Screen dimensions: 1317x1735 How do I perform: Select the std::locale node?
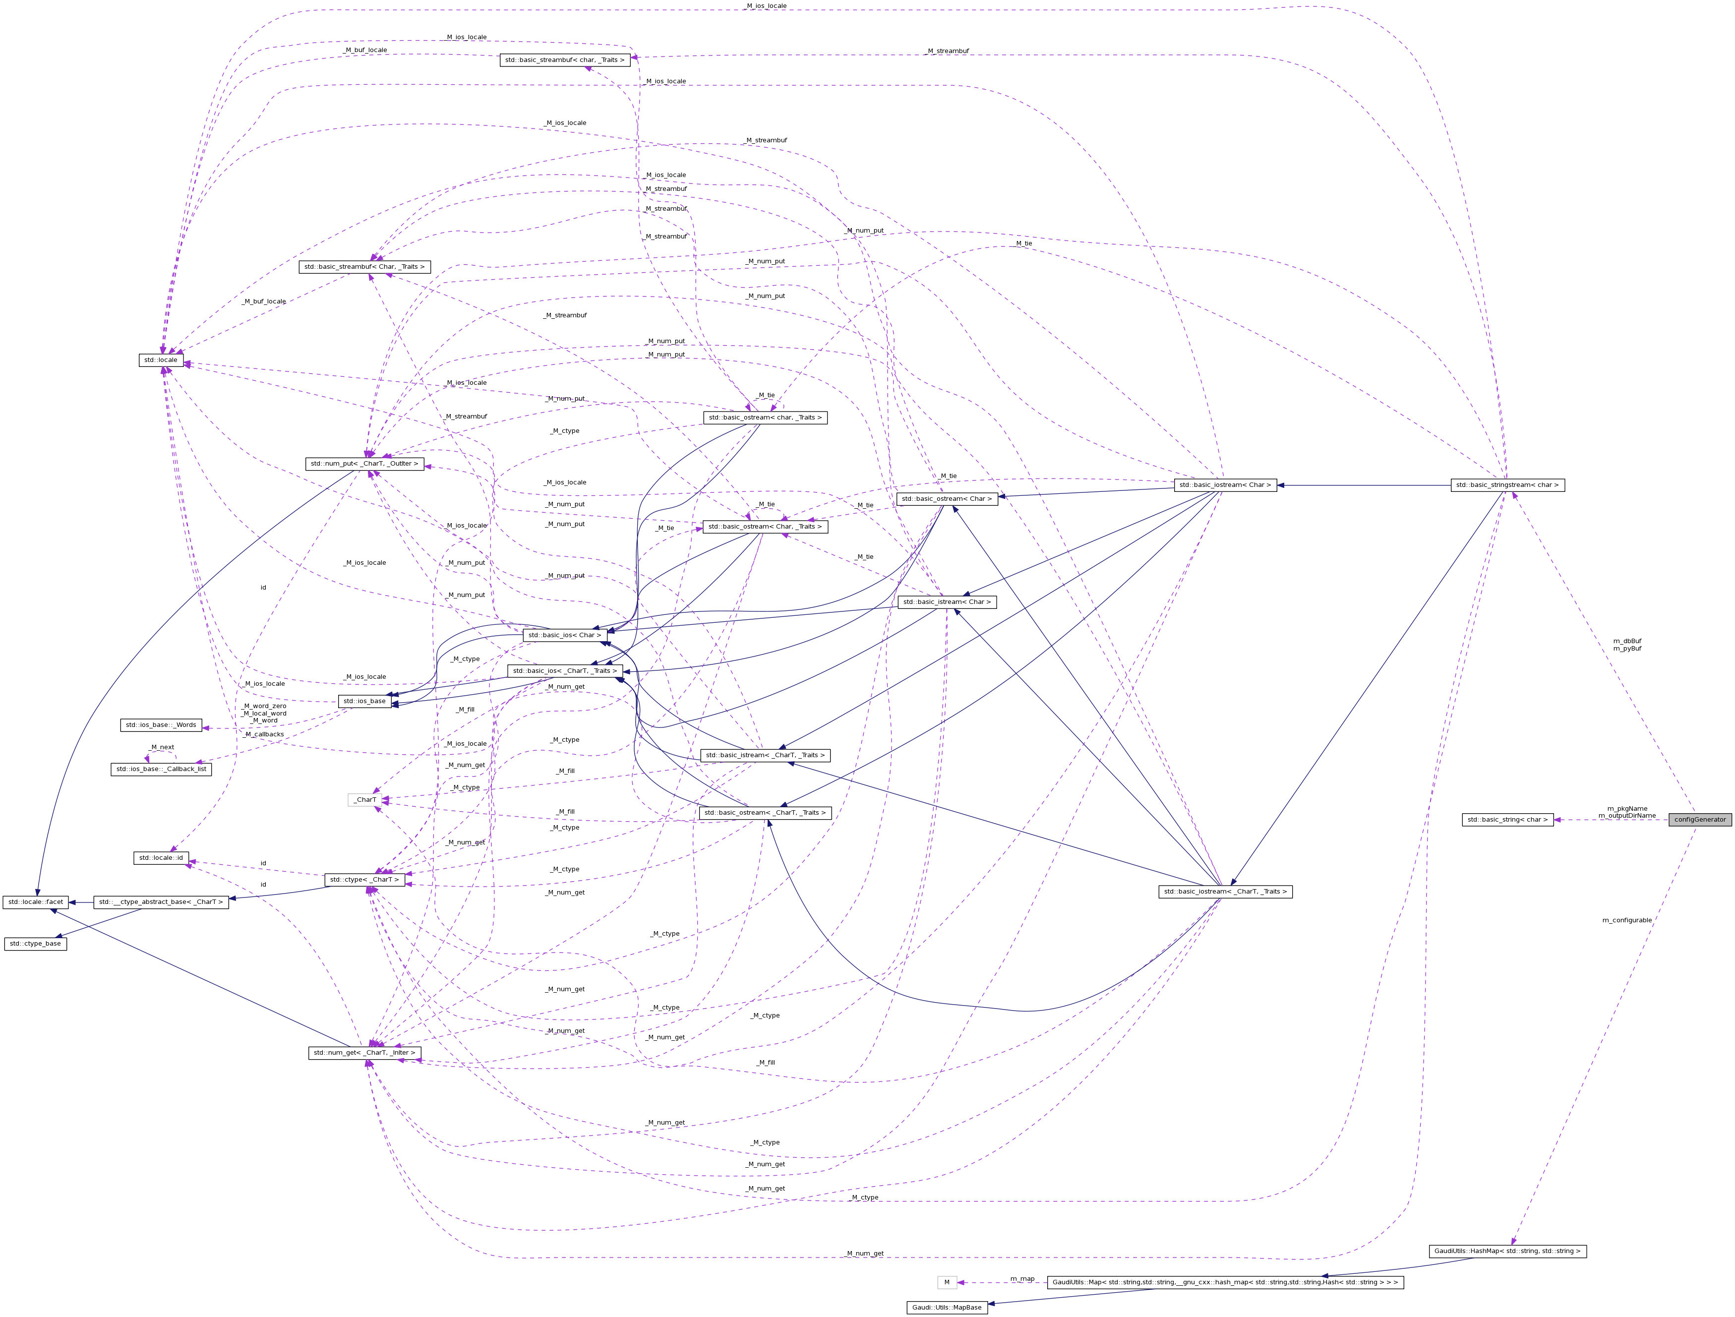(161, 360)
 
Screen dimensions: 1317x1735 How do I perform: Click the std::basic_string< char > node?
(1507, 820)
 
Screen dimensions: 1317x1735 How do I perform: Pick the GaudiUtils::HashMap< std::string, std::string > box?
(1507, 1251)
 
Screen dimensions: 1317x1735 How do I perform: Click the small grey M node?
(947, 1282)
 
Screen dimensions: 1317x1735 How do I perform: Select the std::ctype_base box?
(35, 944)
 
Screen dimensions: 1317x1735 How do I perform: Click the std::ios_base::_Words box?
(161, 725)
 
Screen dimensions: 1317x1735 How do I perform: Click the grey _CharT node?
(365, 800)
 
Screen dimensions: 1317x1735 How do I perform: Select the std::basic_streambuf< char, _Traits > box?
(565, 60)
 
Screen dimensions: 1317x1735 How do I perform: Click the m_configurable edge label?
(1627, 920)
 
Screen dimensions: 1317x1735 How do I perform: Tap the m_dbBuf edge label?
(1627, 641)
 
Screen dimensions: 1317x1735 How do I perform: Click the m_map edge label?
(1022, 1278)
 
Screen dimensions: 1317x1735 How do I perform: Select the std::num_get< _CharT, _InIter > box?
(365, 1053)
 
